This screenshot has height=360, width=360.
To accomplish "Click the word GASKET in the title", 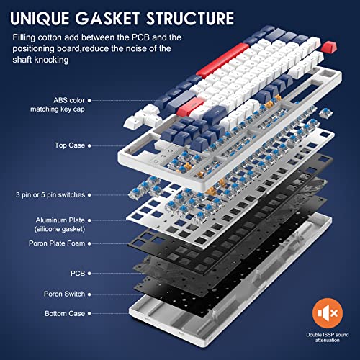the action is pos(108,18).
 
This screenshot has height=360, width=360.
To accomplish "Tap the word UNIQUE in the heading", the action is pos(40,19).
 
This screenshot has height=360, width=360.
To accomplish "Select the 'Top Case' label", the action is pos(70,145).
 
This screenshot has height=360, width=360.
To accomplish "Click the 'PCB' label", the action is pos(78,273).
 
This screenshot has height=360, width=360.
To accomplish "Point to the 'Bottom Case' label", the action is pos(65,313).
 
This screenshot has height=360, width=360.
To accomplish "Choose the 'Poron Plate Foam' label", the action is pos(57,243).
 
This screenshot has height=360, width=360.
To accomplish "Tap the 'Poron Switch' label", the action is pos(64,294).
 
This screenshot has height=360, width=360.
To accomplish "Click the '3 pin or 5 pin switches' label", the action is pos(50,194).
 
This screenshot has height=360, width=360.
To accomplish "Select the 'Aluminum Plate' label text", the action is pos(60,220).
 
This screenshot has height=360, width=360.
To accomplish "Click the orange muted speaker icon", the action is pos(328,313).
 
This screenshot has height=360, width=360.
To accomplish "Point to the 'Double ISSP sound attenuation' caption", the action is pos(328,337).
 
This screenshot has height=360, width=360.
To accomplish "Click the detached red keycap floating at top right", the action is pos(329,47).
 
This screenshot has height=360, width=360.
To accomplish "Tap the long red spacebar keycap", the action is pos(222,60).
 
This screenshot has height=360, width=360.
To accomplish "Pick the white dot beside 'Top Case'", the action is pos(89,145).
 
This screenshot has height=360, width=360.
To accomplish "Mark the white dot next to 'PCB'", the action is pos(89,274).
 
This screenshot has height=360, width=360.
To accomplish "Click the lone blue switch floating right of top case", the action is pos(325,112).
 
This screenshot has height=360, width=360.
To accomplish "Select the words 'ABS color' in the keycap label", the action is pos(69,100).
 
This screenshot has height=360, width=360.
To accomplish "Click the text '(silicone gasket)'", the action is pos(60,229).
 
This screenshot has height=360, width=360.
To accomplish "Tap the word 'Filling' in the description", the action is pos(24,37).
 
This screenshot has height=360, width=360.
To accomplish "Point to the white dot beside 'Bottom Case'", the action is pos(89,313).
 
